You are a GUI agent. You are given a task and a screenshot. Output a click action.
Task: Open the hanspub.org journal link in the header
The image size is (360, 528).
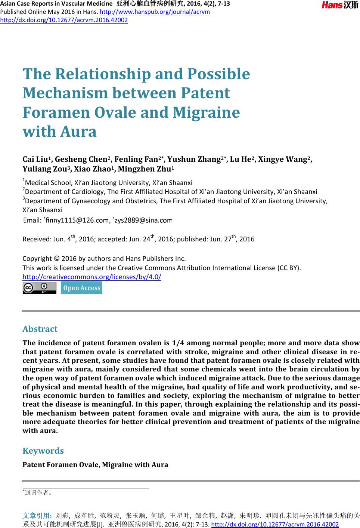(x=155, y=12)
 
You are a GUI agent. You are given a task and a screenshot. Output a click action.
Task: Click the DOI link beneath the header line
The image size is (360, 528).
(x=64, y=20)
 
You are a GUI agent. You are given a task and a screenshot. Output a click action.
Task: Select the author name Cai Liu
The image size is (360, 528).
(x=37, y=160)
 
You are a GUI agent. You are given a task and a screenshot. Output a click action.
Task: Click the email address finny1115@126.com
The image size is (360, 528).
(x=77, y=220)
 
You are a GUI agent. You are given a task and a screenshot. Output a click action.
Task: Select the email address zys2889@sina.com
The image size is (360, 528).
(x=143, y=220)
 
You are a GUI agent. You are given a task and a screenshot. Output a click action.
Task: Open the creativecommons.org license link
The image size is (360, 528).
(x=92, y=277)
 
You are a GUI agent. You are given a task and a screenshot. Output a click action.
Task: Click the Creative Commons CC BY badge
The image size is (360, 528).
(x=39, y=288)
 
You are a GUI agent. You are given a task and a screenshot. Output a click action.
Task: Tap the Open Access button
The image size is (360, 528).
(x=81, y=288)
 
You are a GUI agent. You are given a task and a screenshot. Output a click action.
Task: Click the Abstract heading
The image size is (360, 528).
(x=40, y=329)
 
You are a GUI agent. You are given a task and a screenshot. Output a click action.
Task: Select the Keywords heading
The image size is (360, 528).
(x=43, y=451)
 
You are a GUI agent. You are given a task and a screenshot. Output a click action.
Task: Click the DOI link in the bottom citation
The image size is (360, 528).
(x=275, y=524)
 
